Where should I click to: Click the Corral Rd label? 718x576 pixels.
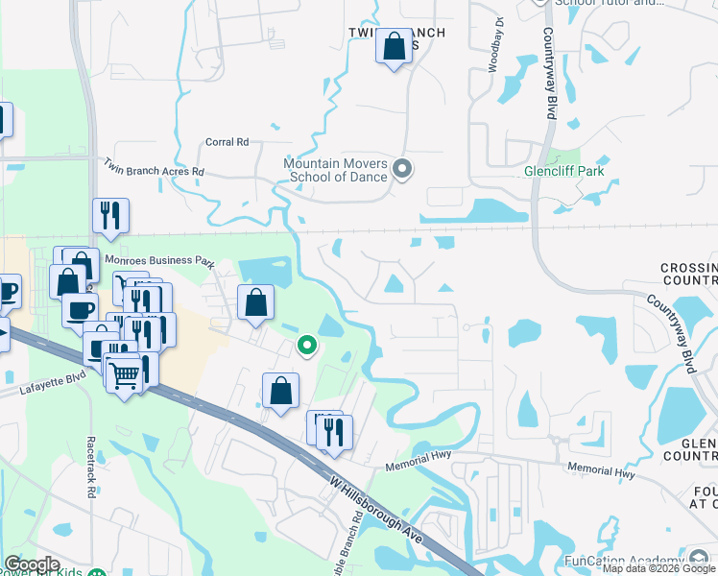click(x=227, y=142)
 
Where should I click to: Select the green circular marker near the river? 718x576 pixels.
click(x=307, y=345)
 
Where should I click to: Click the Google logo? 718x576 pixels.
click(x=32, y=564)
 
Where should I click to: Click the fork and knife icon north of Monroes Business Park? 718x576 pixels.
click(x=110, y=214)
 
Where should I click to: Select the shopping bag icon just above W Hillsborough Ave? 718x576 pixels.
click(x=280, y=390)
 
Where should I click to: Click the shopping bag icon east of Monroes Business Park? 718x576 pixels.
click(x=254, y=303)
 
